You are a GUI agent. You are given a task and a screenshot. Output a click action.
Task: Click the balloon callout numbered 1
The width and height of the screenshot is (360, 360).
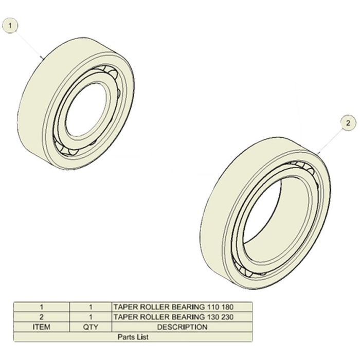10,26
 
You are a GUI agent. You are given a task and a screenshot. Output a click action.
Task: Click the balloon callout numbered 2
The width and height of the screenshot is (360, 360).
348,123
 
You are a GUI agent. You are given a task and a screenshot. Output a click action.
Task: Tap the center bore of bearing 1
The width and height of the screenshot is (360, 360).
86,110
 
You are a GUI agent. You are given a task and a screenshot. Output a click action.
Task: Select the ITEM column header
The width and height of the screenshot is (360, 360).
41,327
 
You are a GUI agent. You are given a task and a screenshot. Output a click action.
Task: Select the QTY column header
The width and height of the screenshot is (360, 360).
91,327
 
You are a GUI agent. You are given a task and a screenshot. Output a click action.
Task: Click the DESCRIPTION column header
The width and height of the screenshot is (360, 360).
182,327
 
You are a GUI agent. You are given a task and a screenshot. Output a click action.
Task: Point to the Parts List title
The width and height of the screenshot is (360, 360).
133,337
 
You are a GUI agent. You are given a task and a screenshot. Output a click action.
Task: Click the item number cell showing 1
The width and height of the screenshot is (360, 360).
42,307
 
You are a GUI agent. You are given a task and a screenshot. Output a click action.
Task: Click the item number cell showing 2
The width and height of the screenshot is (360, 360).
42,317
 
